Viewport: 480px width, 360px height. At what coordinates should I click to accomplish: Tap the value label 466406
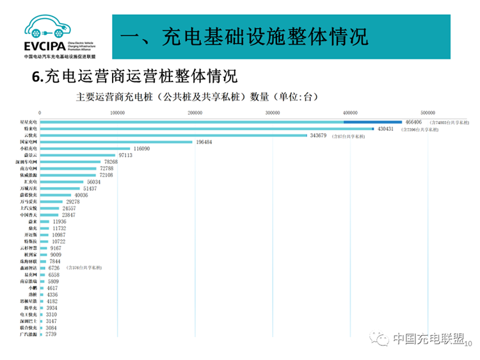416,122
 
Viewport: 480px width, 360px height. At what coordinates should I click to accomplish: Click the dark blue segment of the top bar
372,122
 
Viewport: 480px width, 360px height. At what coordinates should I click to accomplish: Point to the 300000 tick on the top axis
273,113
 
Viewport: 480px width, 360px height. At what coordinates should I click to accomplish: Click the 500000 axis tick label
428,113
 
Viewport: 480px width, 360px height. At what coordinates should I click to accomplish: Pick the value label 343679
318,135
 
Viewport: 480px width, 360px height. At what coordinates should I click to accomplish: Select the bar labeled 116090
84,149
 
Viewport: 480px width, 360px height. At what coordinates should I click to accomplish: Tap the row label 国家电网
29,142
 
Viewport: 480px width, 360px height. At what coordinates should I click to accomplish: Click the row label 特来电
31,129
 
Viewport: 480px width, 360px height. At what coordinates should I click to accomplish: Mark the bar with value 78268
70,162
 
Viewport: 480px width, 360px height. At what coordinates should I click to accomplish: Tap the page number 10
467,344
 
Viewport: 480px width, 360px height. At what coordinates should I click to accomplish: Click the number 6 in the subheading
36,78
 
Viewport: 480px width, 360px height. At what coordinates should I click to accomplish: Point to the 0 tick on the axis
40,113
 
